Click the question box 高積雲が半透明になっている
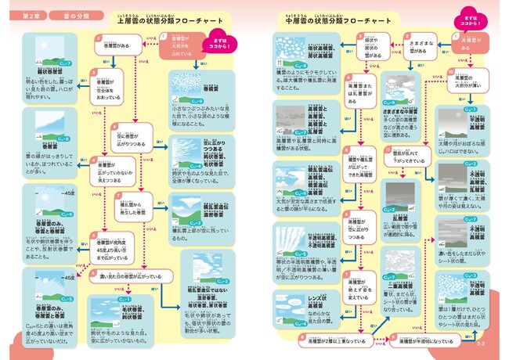[420, 340]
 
